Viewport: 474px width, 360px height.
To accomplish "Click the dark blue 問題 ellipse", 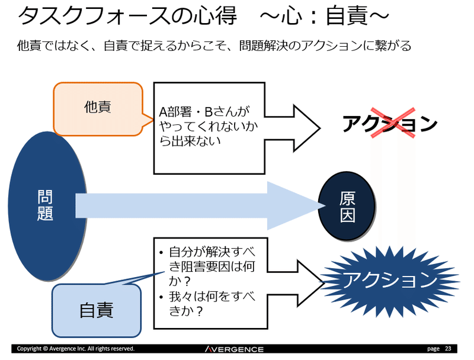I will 45,204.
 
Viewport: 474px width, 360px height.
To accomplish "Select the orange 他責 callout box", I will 98,108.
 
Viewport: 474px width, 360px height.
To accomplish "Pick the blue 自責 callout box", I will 96,310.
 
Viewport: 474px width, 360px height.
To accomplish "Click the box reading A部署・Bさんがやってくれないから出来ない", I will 210,127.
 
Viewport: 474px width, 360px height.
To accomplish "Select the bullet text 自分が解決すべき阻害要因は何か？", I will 207,265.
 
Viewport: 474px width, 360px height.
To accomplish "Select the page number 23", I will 447,349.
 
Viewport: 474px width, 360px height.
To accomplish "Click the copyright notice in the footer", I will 76,349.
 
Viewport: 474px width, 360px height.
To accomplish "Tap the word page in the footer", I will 433,349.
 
